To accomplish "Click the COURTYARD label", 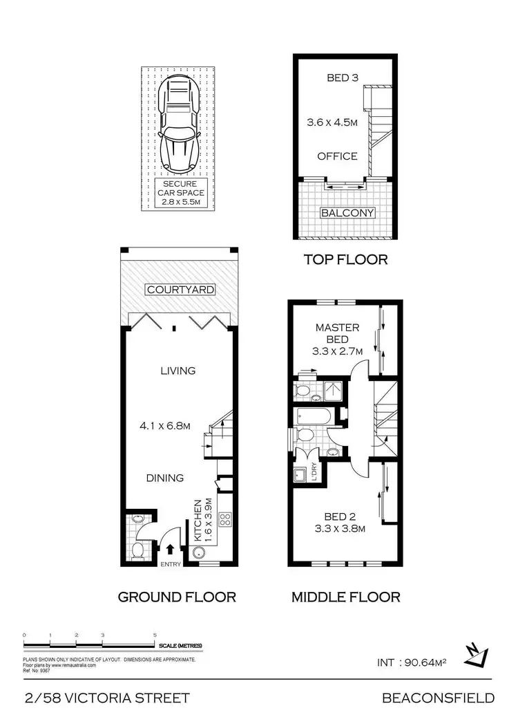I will click(x=180, y=289).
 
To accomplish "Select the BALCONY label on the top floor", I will click(x=347, y=213).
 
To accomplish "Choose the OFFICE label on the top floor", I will click(x=337, y=156).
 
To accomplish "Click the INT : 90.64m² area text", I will click(x=412, y=662).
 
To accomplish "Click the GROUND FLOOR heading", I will click(x=177, y=597).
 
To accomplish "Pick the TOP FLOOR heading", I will click(x=346, y=260).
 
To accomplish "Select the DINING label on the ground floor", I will click(x=164, y=478).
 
